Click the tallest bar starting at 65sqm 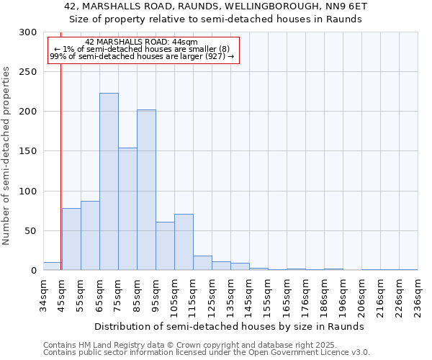click(109, 181)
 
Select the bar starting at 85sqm click(146, 190)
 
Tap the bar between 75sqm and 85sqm click(127, 209)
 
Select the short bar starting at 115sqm click(202, 263)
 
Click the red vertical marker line click(61, 166)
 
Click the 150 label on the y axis click(28, 151)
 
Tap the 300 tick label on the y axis click(28, 32)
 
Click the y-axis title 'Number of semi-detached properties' click(6, 156)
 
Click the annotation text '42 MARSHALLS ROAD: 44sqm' click(141, 42)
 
